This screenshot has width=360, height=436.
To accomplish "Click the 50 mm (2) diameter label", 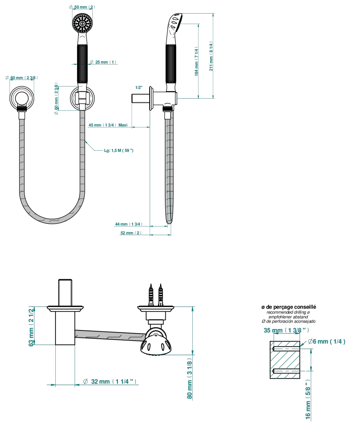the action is [x=82, y=7].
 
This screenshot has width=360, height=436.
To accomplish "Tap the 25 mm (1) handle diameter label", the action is [x=103, y=62].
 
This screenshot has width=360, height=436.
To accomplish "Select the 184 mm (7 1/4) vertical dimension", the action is [x=196, y=61].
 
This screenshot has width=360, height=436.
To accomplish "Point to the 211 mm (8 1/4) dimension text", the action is [x=211, y=56].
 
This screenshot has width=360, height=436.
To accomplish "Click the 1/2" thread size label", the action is [x=139, y=87].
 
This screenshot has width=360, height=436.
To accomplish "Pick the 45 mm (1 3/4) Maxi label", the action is [x=108, y=125].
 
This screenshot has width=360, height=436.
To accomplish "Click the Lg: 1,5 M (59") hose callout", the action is [x=119, y=150].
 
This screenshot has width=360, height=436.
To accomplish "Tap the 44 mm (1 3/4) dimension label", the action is [x=129, y=224].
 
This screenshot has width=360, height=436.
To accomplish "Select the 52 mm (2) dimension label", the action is [x=131, y=233].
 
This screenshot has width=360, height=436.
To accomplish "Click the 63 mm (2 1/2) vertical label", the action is [x=31, y=326].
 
